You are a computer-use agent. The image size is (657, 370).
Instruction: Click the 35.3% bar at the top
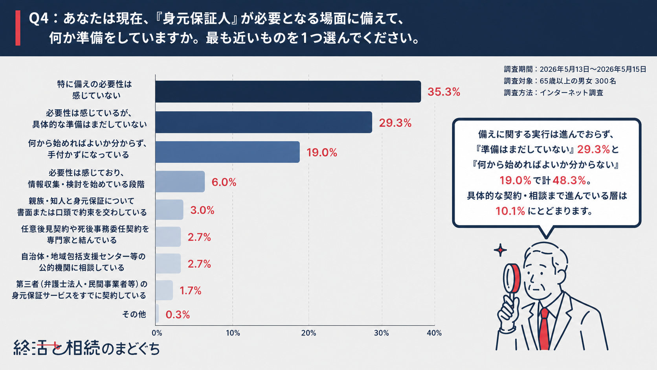288,92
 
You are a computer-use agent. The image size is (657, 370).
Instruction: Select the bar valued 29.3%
264,122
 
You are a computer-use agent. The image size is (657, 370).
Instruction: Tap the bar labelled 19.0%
228,152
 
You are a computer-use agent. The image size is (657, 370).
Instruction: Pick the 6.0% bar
180,182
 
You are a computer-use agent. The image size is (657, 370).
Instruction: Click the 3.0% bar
169,210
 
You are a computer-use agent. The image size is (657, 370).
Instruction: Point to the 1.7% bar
164,290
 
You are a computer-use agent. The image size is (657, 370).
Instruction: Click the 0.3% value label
178,315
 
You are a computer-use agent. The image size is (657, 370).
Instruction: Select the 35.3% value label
444,92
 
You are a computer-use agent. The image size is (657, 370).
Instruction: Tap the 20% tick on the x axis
308,333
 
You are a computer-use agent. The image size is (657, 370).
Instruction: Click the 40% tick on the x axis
434,333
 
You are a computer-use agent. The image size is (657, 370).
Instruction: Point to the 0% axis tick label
157,333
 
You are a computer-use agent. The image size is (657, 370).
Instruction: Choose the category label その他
134,315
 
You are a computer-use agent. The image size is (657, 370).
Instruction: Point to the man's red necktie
544,329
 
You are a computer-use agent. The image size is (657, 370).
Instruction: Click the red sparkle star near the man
500,250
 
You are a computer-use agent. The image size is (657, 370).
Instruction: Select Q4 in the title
39,19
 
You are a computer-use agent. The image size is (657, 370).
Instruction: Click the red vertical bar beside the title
18,28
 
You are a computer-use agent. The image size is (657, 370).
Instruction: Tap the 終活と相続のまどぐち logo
86,348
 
